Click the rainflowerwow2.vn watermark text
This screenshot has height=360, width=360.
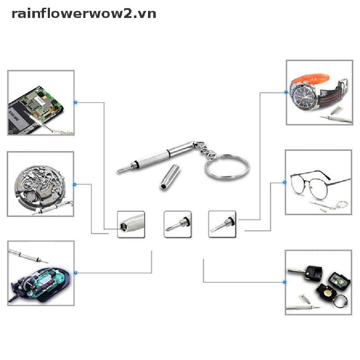(84, 14)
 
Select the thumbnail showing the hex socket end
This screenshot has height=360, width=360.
(131, 224)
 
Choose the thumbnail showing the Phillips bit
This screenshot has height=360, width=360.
(178, 224)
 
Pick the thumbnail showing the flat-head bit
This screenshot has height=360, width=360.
(222, 224)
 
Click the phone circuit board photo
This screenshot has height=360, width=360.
(41, 103)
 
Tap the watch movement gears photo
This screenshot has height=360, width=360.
(41, 184)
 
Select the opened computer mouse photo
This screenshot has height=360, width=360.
(41, 273)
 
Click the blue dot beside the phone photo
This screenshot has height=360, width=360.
(75, 103)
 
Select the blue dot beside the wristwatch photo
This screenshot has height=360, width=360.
(285, 92)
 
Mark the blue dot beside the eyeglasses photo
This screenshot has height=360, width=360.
(284, 182)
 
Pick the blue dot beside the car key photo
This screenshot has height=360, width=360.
(284, 282)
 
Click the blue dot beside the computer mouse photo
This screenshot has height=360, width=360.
(75, 272)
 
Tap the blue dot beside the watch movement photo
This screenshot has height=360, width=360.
(75, 184)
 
